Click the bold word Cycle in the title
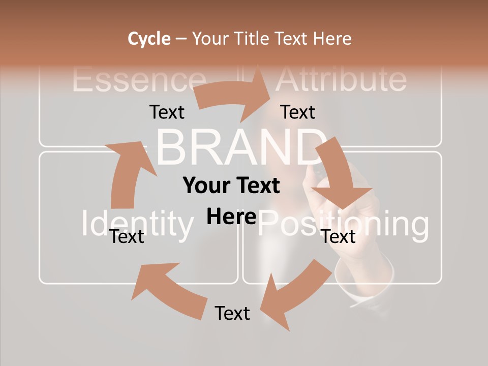149,39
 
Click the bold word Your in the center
203,186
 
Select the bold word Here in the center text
231,217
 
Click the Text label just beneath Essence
167,112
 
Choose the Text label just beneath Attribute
298,112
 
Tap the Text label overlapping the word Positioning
339,236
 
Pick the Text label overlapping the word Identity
127,236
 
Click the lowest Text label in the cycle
232,313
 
